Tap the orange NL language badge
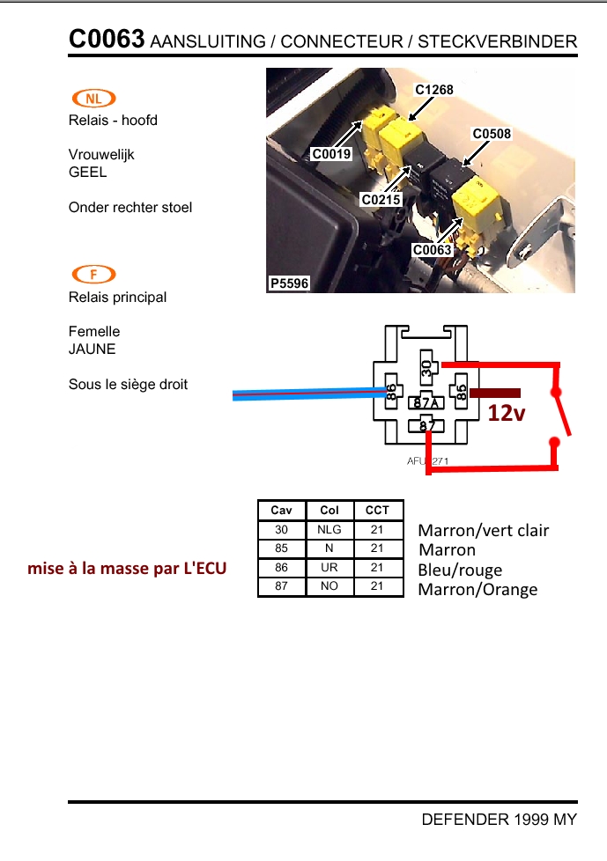coord(94,99)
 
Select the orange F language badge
coord(94,275)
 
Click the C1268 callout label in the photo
coord(433,90)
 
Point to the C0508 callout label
coord(492,135)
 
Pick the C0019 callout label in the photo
coord(331,155)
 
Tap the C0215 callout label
coord(381,200)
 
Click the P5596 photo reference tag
coord(288,283)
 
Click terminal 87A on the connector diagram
coord(426,403)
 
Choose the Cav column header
coord(281,511)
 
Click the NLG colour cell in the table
coord(329,530)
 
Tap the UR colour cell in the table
coord(329,568)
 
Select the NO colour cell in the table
coord(329,586)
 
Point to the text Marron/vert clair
coord(483,530)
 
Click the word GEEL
coord(87,173)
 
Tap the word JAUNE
coord(92,349)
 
